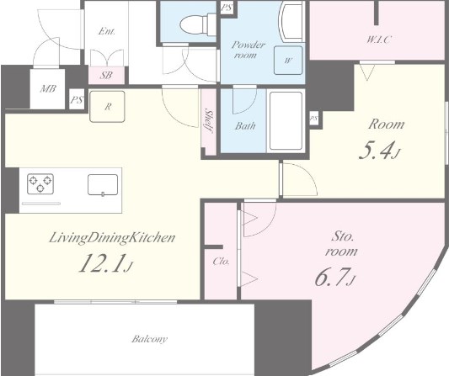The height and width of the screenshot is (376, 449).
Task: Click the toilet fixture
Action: click(198, 24)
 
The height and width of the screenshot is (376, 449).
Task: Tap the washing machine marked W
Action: click(288, 61)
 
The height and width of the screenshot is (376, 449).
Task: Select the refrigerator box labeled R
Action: click(107, 106)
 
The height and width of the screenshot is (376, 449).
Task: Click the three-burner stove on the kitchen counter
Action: click(40, 184)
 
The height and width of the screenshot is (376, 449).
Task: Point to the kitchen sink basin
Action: click(103, 185)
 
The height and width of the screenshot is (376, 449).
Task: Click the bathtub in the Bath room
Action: click(286, 120)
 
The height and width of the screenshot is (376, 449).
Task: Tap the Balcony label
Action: click(149, 339)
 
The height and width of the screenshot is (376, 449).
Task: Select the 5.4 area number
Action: click(378, 150)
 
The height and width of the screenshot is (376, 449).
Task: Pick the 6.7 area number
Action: click(334, 278)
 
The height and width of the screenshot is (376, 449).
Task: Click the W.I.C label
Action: click(378, 40)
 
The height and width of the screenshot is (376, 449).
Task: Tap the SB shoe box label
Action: click(106, 76)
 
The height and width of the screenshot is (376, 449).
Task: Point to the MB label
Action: click(48, 88)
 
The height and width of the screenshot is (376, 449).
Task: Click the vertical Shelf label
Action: click(210, 120)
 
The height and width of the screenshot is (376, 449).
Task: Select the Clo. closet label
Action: click(221, 261)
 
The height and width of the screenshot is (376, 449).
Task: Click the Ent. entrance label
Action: click(106, 31)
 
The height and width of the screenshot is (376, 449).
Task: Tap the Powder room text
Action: click(248, 50)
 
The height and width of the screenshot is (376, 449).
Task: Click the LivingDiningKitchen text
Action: click(112, 238)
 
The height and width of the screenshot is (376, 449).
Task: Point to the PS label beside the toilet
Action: click(227, 8)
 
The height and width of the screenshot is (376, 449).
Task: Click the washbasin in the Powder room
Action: click(291, 22)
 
